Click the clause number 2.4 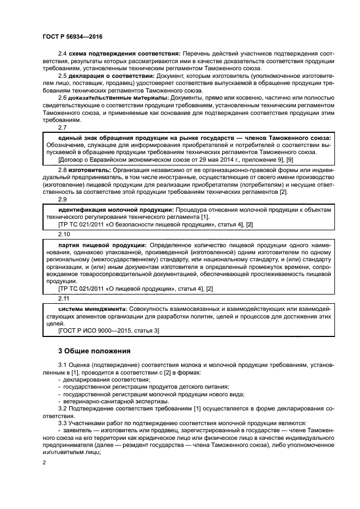(62, 54)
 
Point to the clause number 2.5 (62, 76)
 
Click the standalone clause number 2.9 (62, 200)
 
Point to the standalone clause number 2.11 (64, 298)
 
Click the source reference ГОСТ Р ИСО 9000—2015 (95, 330)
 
